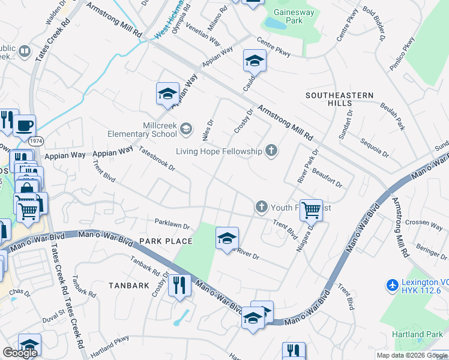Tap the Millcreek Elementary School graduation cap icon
[x=187, y=128]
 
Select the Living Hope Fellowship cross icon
[x=271, y=151]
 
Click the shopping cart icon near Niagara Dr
[x=311, y=210]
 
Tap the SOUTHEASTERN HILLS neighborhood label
[x=339, y=100]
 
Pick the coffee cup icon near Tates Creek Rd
[x=24, y=125]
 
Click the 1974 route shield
[x=37, y=140]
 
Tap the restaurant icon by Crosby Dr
[x=179, y=285]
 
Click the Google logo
[x=20, y=353]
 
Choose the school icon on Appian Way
[x=167, y=93]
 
